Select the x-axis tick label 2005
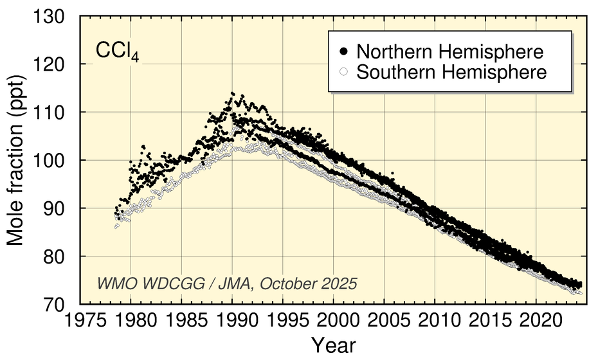click(x=385, y=319)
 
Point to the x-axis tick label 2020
click(x=536, y=319)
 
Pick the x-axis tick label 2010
click(x=435, y=319)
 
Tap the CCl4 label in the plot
click(x=118, y=53)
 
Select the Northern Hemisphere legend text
click(x=451, y=51)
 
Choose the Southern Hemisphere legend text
click(x=451, y=71)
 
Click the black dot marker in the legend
click(x=344, y=51)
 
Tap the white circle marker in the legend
click(x=344, y=71)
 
